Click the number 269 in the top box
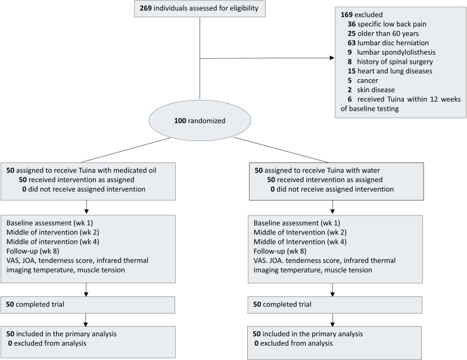pos(145,8)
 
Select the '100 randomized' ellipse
pos(200,120)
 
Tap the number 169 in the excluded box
pos(347,14)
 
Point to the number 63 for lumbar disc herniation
pos(351,43)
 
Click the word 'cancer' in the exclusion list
pos(368,80)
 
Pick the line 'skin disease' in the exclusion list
pos(376,90)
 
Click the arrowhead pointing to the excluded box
pos(332,58)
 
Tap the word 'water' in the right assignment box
pos(371,170)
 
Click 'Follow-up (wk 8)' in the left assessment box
pos(33,251)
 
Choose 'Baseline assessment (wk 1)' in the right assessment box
pos(297,223)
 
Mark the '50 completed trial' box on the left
pos(88,305)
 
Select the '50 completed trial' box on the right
pos(335,305)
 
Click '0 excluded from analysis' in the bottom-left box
pos(47,343)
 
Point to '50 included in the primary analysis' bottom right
pos(307,334)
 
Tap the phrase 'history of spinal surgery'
pos(395,62)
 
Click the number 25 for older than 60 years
pos(351,33)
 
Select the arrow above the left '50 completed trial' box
pos(86,290)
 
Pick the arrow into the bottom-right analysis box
pos(332,320)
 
